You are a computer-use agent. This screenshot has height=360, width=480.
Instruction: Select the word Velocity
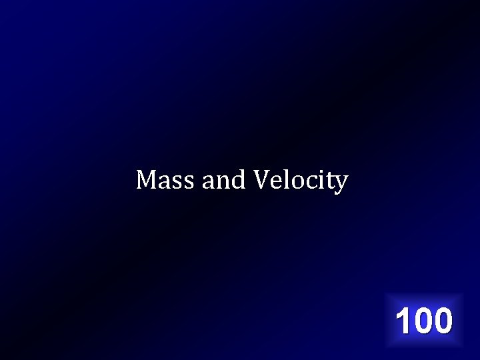(x=301, y=180)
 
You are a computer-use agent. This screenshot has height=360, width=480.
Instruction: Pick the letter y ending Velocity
(x=341, y=183)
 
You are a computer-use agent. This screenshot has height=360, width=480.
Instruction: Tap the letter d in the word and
(x=238, y=179)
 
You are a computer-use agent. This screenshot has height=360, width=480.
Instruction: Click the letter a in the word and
(x=208, y=181)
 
